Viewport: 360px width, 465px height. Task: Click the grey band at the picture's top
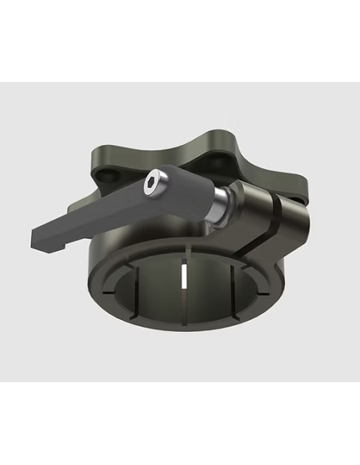point(180,40)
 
